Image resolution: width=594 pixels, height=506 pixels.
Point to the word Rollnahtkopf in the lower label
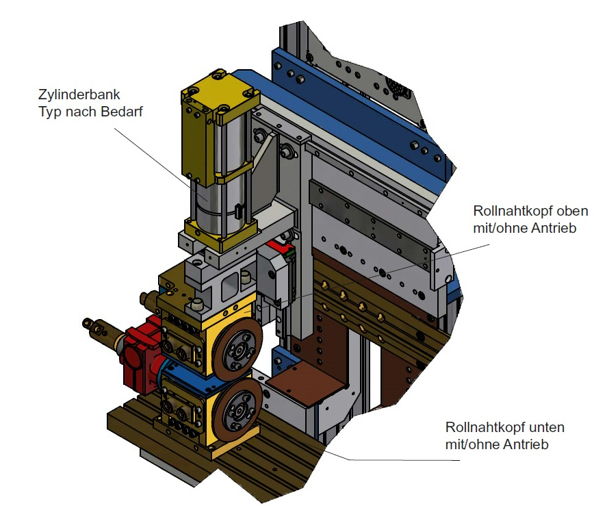pyautogui.click(x=479, y=427)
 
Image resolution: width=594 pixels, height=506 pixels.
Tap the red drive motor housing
pyautogui.click(x=140, y=353)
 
